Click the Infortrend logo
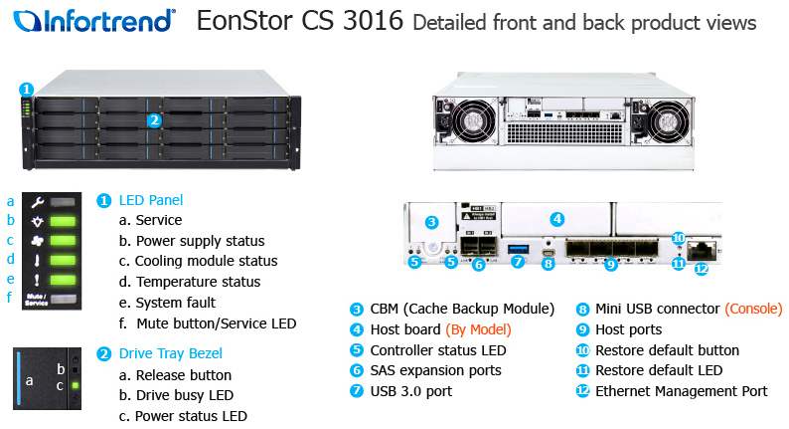[94, 21]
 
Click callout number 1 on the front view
[27, 90]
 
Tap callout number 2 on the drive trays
[154, 120]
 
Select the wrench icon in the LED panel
[37, 202]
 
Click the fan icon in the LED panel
[37, 241]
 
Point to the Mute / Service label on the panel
[37, 300]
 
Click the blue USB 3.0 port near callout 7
[519, 249]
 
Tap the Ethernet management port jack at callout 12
[702, 250]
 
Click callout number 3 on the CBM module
[431, 222]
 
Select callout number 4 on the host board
[556, 219]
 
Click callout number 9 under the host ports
[610, 264]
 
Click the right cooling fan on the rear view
[668, 122]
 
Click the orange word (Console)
[753, 309]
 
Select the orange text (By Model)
[478, 329]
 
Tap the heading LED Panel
[151, 200]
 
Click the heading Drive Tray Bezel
[171, 353]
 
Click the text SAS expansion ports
[436, 370]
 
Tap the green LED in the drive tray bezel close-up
[75, 385]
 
